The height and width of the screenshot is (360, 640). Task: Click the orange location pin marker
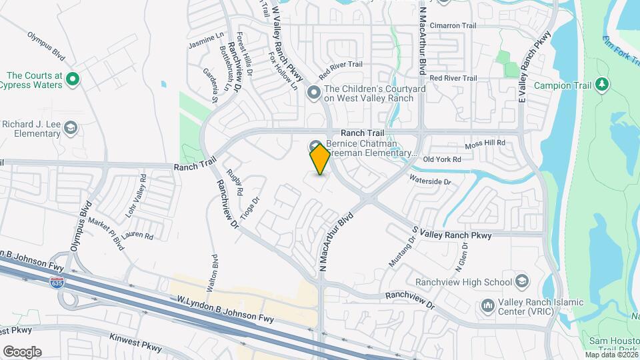pos(320,159)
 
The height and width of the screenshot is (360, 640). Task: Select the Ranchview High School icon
pos(521,281)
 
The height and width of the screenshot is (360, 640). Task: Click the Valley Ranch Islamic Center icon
pos(487,305)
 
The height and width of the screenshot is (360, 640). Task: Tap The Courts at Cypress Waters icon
pos(73,80)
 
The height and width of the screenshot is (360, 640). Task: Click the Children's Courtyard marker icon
pos(314,93)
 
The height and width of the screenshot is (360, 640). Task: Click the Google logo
pos(21,352)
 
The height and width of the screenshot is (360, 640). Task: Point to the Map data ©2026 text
pos(610,355)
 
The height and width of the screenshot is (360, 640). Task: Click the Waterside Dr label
pos(430,181)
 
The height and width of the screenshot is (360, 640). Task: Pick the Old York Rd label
pos(442,159)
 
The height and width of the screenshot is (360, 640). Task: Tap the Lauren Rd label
pos(138,236)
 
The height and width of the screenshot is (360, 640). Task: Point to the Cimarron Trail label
pos(453,26)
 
